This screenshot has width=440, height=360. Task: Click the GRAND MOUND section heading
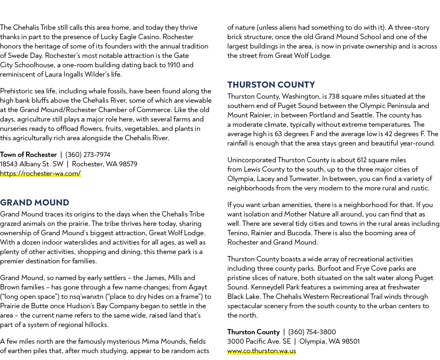(x=35, y=203)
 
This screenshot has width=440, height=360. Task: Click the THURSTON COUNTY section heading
(x=271, y=84)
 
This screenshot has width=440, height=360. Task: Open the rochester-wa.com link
(x=40, y=173)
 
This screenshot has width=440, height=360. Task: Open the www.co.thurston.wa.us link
(x=262, y=351)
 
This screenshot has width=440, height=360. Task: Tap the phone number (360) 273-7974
(x=88, y=155)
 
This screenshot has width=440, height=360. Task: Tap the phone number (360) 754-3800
(x=312, y=332)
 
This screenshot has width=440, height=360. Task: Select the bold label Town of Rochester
(x=29, y=155)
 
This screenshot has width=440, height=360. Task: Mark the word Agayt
(x=198, y=287)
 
